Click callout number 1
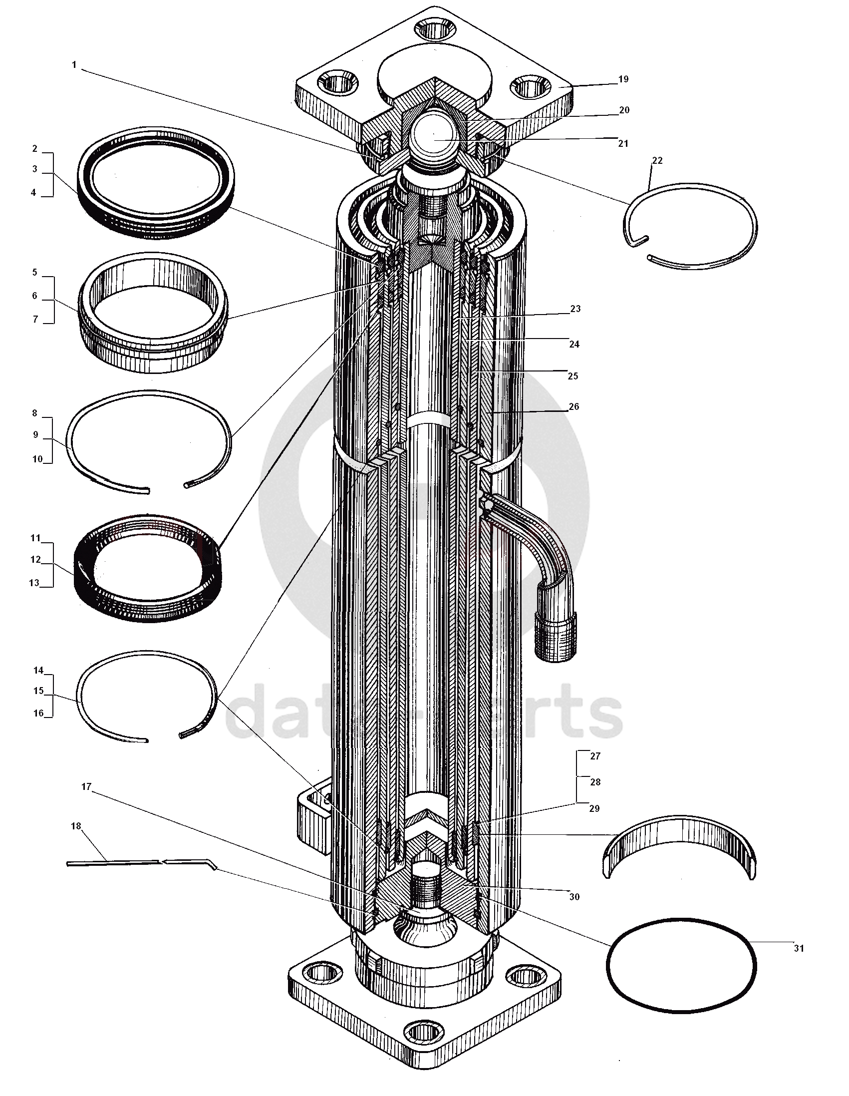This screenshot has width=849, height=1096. point(74,65)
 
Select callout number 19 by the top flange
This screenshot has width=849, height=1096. point(623,79)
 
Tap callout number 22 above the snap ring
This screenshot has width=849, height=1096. point(657,161)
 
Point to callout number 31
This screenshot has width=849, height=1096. point(799,949)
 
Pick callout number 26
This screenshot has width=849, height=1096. point(573,406)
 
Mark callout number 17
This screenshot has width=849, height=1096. point(86,786)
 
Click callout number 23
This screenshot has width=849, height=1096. point(575,309)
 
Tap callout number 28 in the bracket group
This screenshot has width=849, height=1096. point(595,782)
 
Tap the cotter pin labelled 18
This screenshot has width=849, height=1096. point(140,862)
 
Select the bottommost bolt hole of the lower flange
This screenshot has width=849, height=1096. point(424,1032)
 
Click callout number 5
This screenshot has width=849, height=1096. point(34,273)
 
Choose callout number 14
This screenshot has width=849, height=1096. point(38,671)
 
